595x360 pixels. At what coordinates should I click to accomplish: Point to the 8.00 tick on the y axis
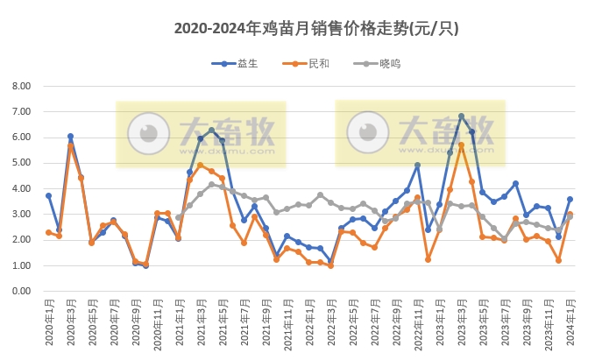20,86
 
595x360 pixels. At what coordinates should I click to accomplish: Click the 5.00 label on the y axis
20,163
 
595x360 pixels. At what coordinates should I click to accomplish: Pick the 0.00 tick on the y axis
20,291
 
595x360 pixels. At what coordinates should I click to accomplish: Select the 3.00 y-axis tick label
20,214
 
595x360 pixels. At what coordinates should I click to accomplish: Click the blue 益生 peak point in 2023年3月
462,116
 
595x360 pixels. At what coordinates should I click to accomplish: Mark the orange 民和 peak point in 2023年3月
462,145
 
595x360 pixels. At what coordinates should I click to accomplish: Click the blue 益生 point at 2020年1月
49,195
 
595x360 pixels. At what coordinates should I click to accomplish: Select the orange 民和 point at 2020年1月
49,232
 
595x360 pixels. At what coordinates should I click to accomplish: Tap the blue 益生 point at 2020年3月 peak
70,137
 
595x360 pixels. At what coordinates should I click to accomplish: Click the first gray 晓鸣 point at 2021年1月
179,217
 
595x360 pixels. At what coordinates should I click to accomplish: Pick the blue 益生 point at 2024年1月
570,199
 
